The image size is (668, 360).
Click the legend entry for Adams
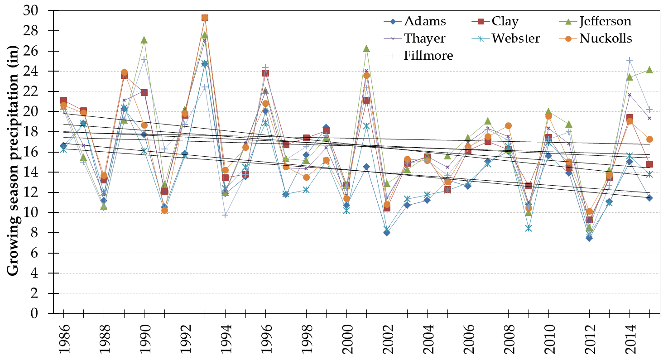point(425,21)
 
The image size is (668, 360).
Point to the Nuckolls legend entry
point(606,38)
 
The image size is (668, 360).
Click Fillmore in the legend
point(428,55)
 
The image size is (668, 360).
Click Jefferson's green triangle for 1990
point(144,40)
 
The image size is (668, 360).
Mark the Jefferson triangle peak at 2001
point(366,48)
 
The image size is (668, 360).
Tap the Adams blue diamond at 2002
point(387,232)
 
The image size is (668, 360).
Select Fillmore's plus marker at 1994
point(225,215)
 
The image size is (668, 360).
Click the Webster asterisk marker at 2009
point(529,228)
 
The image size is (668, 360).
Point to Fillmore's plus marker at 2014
point(630,60)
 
